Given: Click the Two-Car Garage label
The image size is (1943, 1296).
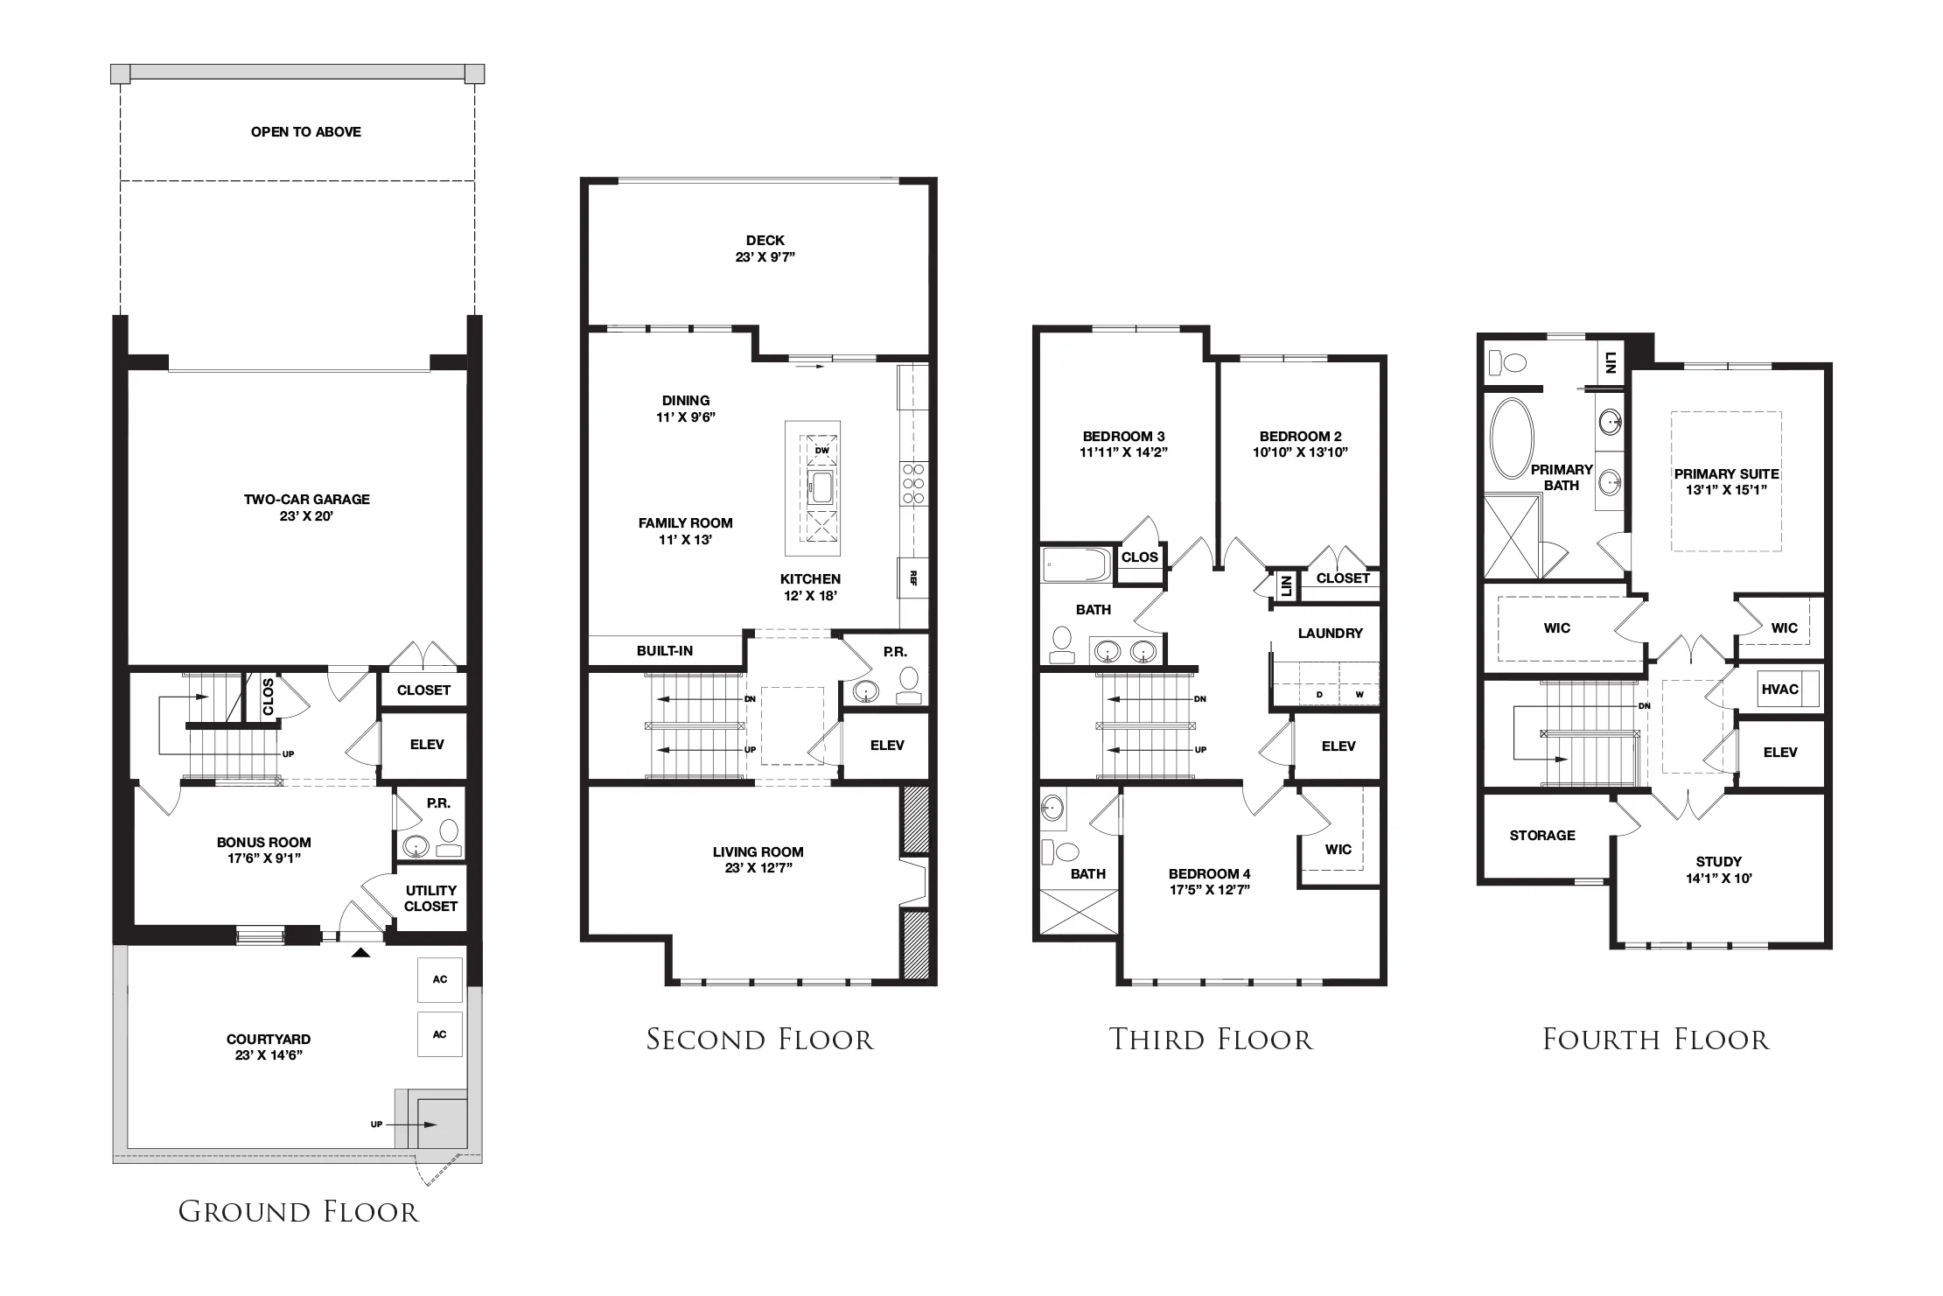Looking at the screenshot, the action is click(x=306, y=500).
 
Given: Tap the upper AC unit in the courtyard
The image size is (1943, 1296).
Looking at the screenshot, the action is click(x=440, y=979).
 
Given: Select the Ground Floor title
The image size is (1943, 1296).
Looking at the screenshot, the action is click(x=299, y=1212).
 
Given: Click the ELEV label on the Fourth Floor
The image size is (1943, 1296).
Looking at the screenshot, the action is click(x=1780, y=753).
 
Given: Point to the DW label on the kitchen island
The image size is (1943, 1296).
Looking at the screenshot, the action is click(x=821, y=451).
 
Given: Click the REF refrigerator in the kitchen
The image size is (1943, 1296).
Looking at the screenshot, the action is click(x=912, y=578).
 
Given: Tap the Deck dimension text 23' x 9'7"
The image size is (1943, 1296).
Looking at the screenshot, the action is click(x=765, y=257).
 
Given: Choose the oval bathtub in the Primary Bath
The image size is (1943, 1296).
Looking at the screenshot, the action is click(x=1511, y=438).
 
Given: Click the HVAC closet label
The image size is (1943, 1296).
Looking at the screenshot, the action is click(x=1780, y=690).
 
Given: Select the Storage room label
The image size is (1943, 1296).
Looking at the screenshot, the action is click(x=1542, y=836).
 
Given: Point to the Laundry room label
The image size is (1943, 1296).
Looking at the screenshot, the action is click(x=1331, y=634).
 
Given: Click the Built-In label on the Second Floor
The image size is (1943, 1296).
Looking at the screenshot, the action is click(x=665, y=651).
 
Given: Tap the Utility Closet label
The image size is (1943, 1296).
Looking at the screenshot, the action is click(x=431, y=899).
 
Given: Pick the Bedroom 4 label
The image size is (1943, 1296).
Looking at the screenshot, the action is click(x=1210, y=874).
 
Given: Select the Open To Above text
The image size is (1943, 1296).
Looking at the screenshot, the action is click(x=306, y=132).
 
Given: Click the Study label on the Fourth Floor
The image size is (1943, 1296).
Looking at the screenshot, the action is click(x=1719, y=862).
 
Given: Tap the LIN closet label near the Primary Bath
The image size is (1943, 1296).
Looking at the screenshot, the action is click(x=1611, y=361).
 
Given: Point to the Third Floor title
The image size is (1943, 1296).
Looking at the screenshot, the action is click(x=1212, y=1040).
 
